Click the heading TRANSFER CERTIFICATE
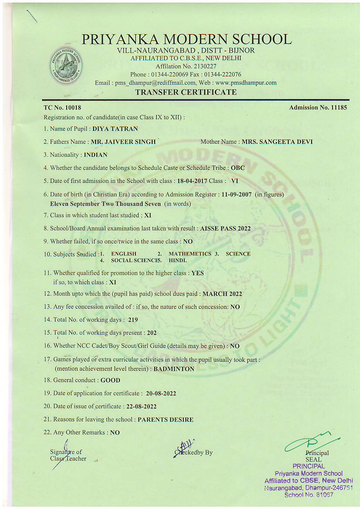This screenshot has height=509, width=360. pyautogui.click(x=186, y=92)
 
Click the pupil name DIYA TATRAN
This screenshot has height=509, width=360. pyautogui.click(x=115, y=129)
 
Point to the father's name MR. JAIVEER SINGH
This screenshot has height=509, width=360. pyautogui.click(x=123, y=142)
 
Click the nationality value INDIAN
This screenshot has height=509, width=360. pyautogui.click(x=95, y=155)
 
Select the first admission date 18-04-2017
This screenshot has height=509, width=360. pyautogui.click(x=192, y=181)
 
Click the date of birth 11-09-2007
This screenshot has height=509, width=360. pyautogui.click(x=236, y=195)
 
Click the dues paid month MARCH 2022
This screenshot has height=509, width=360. pyautogui.click(x=222, y=294)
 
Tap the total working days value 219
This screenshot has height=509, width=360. pyautogui.click(x=133, y=320)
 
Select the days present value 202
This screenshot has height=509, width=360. pyautogui.click(x=151, y=333)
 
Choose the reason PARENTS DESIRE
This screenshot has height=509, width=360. pyautogui.click(x=165, y=420)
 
